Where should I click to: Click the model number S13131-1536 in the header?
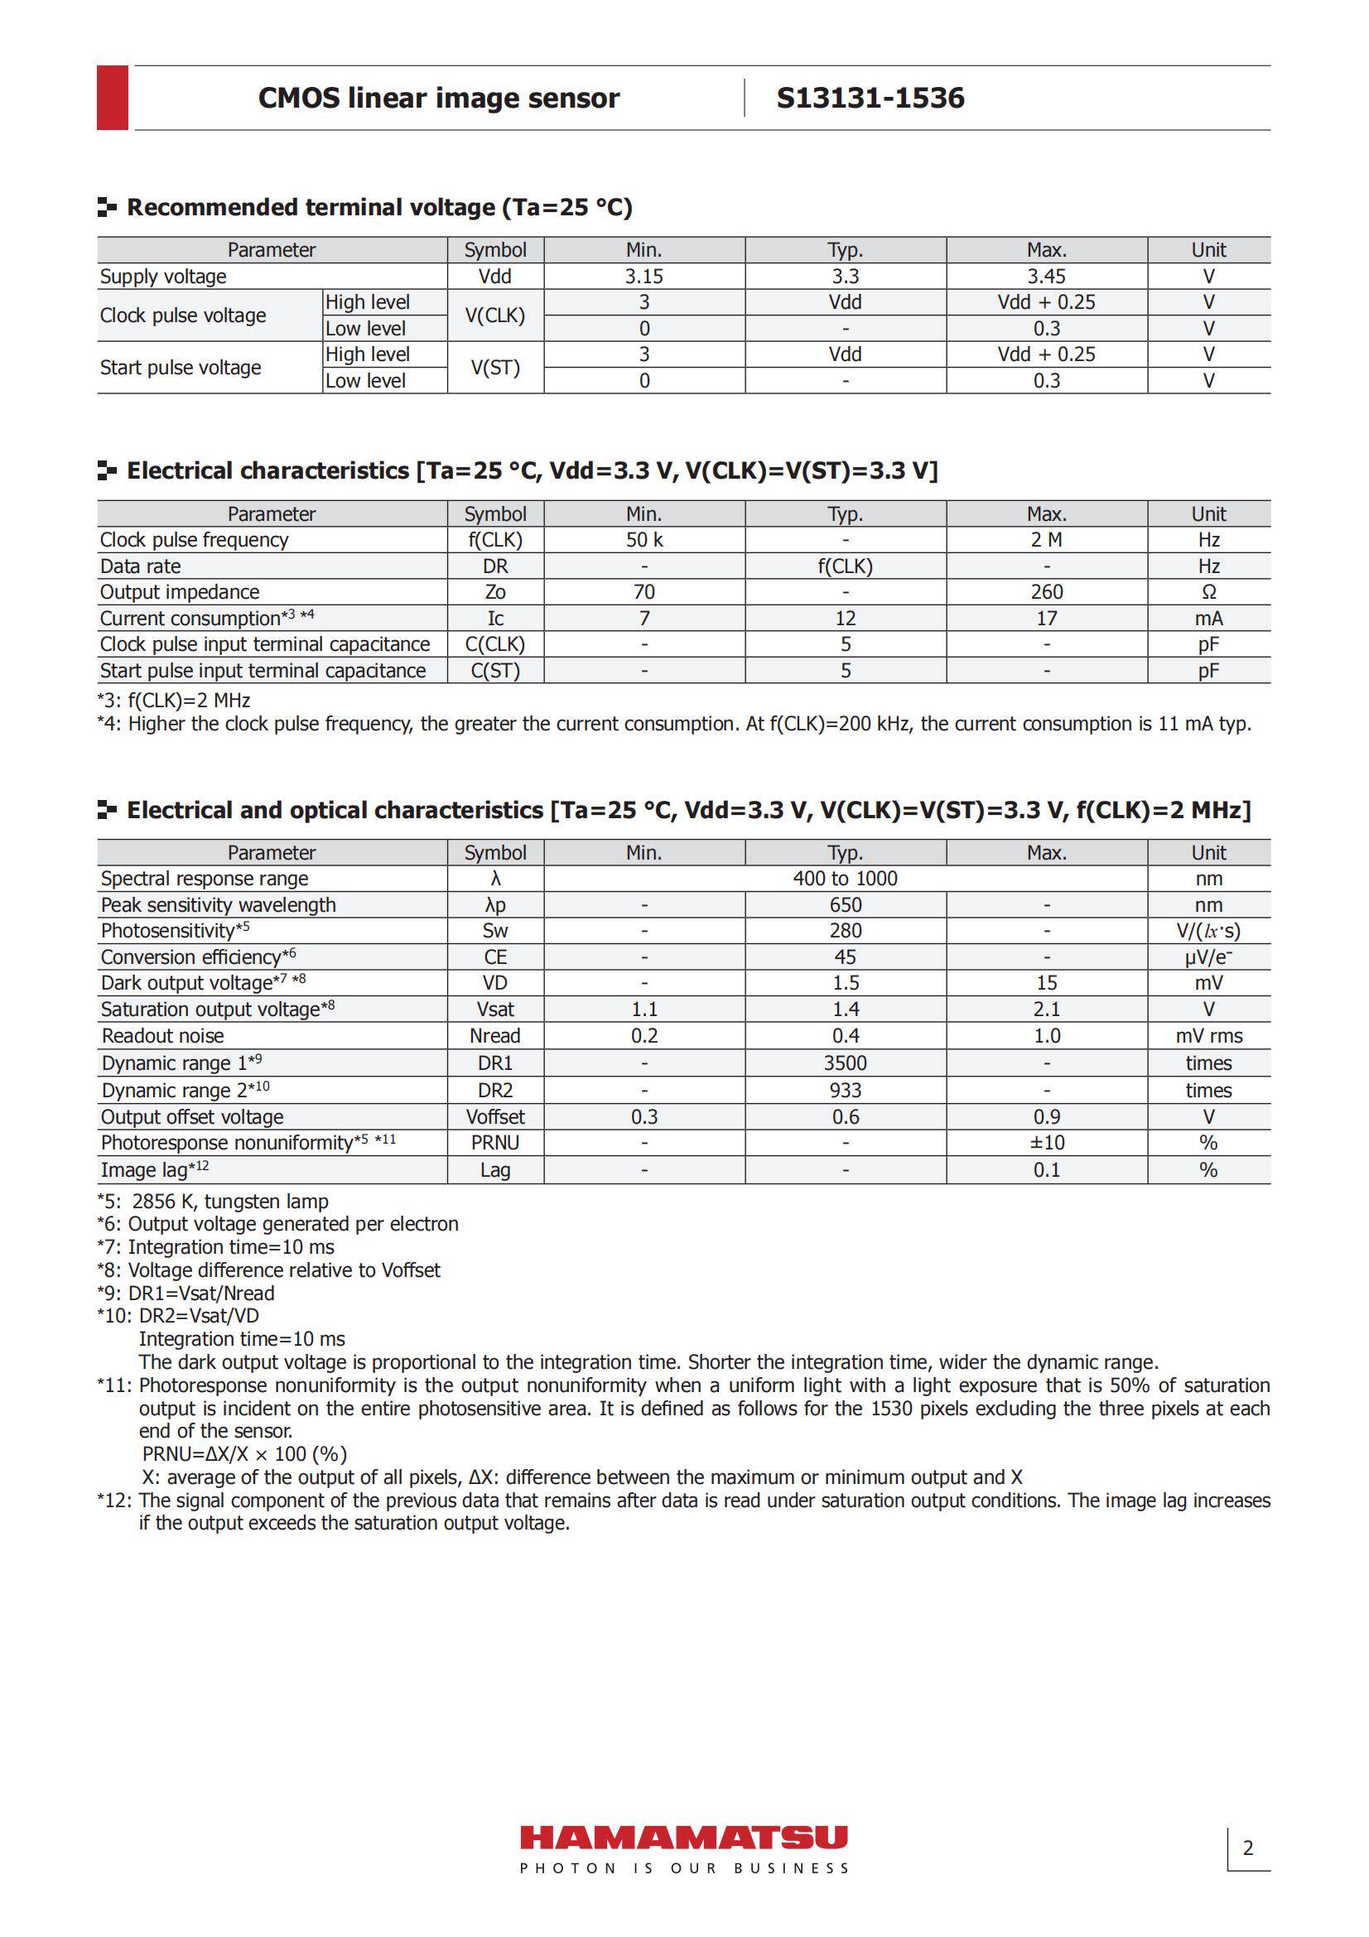click(870, 98)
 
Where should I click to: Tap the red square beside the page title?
click(112, 97)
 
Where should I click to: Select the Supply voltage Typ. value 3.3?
click(845, 277)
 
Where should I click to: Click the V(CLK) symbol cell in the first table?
click(495, 316)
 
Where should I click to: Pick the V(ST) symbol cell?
click(495, 368)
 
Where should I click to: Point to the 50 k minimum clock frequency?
click(644, 540)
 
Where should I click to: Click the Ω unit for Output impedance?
click(1208, 592)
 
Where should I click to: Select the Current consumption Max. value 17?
click(1046, 619)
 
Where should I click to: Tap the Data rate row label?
click(140, 566)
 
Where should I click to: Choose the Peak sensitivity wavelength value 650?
click(845, 905)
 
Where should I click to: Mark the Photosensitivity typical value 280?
click(845, 931)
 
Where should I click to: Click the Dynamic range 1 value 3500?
click(845, 1063)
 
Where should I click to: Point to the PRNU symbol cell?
click(495, 1142)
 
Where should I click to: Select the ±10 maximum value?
click(1046, 1142)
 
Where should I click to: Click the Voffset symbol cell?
click(495, 1117)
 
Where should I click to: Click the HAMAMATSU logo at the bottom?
click(683, 1838)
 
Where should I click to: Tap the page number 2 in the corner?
click(1247, 1848)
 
